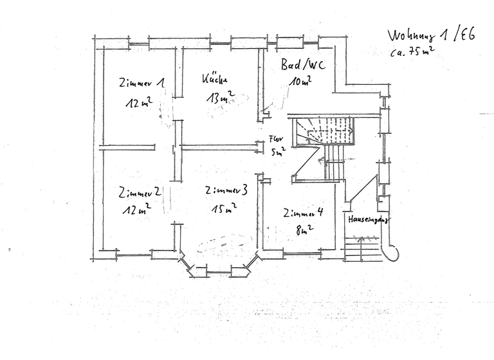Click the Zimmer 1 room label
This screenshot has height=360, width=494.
(142, 83)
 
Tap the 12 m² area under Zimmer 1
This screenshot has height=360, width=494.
(139, 103)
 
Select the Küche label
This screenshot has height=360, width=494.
(215, 79)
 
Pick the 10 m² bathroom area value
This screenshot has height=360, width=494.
(300, 82)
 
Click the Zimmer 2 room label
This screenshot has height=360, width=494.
(139, 192)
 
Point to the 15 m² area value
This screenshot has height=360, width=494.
(223, 208)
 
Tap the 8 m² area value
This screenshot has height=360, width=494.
(303, 229)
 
